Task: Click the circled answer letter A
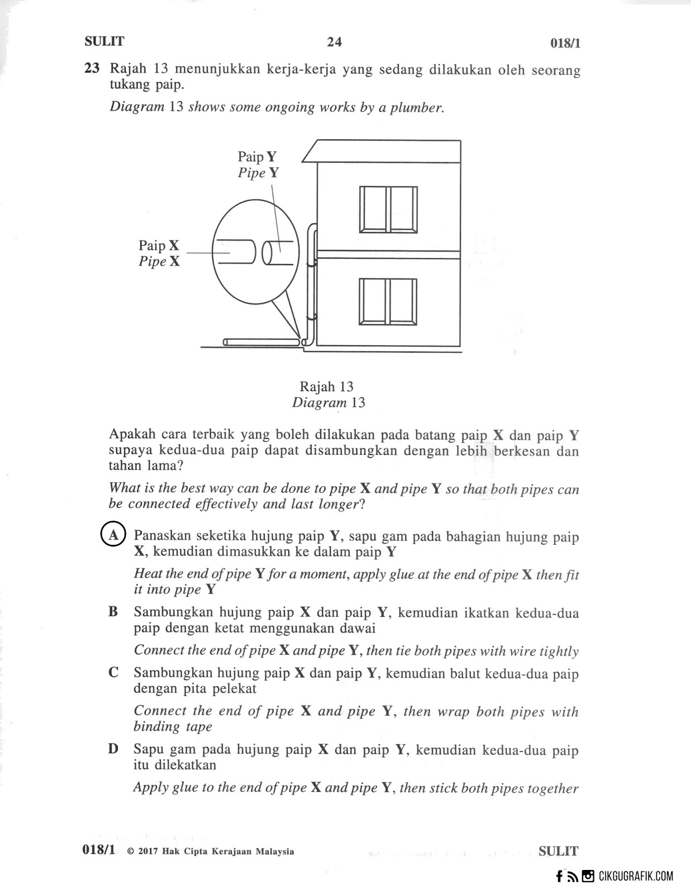[x=113, y=535]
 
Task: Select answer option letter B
[x=113, y=612]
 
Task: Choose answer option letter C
[x=113, y=673]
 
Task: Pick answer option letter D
[x=113, y=749]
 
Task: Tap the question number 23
[x=92, y=69]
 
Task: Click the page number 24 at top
[x=334, y=42]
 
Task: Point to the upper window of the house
[x=388, y=209]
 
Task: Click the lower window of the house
[x=388, y=301]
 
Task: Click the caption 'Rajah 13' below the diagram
[x=326, y=387]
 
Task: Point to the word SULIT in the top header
[x=104, y=41]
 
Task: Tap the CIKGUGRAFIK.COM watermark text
[x=636, y=877]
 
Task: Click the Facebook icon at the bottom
[x=559, y=877]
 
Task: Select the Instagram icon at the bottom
[x=588, y=877]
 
